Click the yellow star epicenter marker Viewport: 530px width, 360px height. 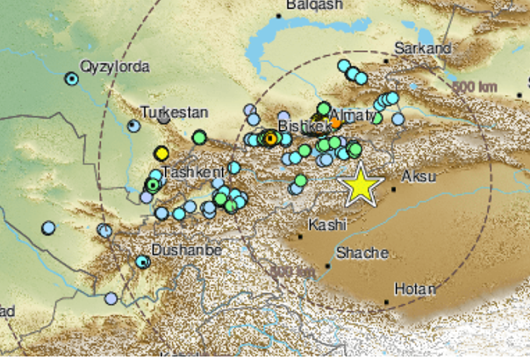click(x=360, y=186)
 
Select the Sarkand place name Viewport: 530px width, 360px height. click(x=423, y=48)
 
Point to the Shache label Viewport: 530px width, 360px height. click(x=362, y=253)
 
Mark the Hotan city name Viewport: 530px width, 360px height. click(x=415, y=286)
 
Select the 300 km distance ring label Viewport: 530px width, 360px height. click(x=292, y=271)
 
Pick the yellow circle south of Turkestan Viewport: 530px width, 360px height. click(x=161, y=154)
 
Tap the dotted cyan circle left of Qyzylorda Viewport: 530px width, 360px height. click(x=71, y=79)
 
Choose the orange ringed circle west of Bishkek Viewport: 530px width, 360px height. click(x=271, y=138)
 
